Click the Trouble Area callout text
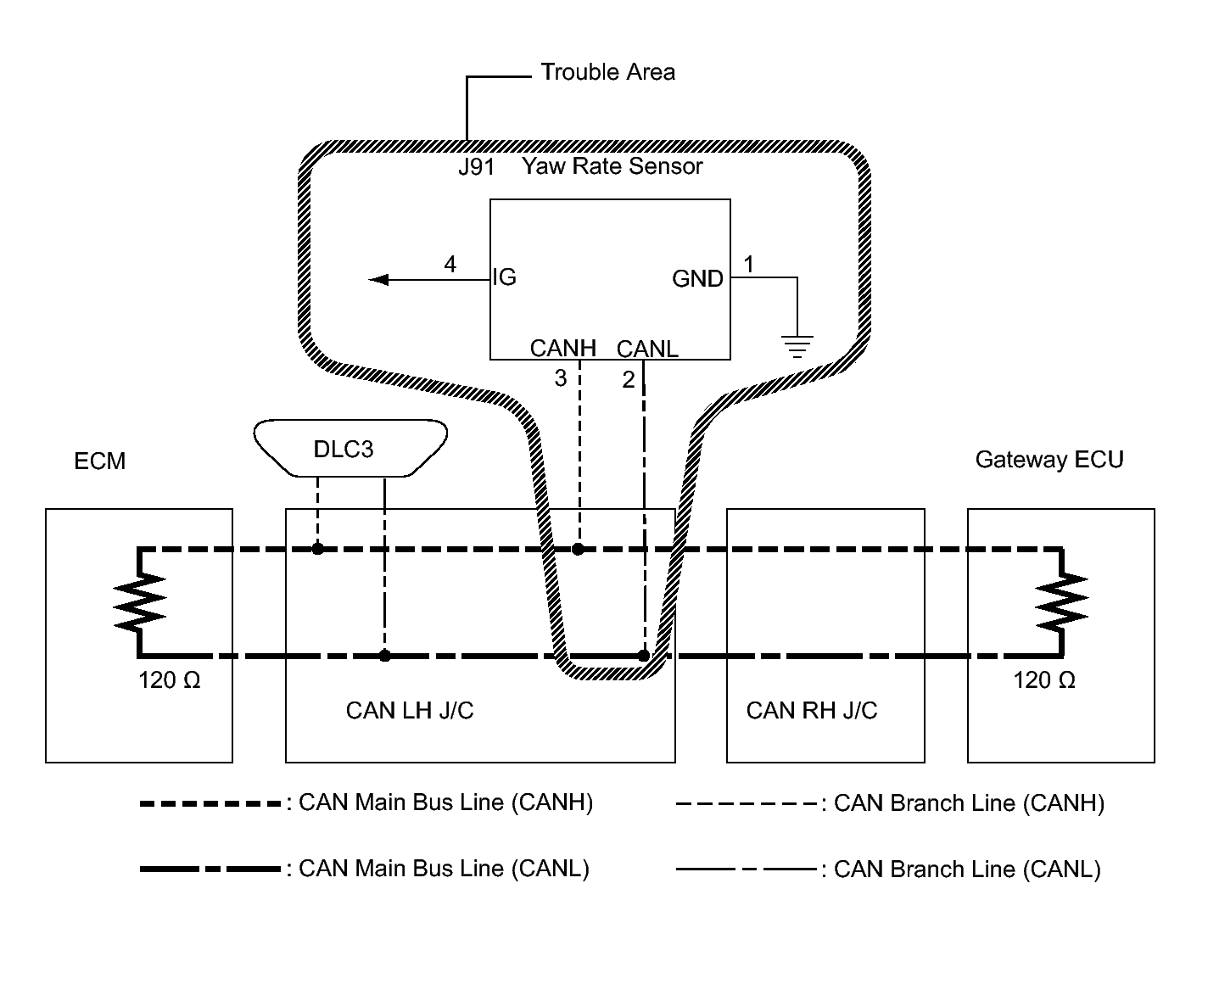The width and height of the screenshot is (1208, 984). (x=607, y=73)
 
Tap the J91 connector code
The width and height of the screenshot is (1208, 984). (x=477, y=167)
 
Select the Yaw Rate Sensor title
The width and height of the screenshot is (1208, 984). (x=612, y=166)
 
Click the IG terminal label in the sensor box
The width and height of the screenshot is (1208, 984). (x=504, y=277)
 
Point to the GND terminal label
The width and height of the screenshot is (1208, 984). (x=697, y=278)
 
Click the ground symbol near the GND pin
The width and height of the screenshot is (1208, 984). (x=797, y=346)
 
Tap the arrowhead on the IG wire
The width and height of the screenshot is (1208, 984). (x=379, y=280)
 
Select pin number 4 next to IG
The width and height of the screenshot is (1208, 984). (x=450, y=265)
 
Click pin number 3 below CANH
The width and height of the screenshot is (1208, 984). (x=561, y=378)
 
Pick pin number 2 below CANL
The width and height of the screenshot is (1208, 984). (x=628, y=380)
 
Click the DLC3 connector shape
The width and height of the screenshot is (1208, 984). (x=350, y=448)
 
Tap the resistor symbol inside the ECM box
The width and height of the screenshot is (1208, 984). (x=139, y=601)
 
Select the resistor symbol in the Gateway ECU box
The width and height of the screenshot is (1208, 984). (x=1062, y=601)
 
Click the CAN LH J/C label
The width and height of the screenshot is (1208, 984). (x=410, y=711)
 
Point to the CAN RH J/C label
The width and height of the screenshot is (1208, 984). (x=812, y=711)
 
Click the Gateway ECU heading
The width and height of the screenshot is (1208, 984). (x=1049, y=460)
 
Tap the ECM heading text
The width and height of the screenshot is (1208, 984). (x=100, y=461)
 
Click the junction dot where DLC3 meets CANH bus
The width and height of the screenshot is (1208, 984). (x=317, y=549)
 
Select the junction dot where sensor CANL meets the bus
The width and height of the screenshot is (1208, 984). (x=644, y=656)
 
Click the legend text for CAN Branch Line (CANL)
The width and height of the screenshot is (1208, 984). (x=967, y=869)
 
